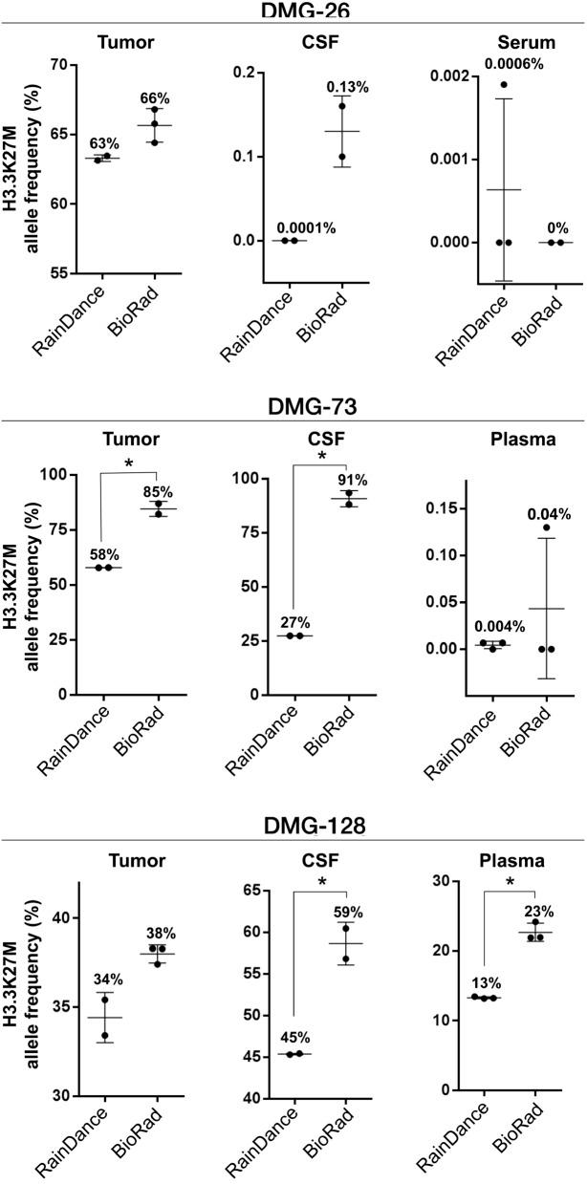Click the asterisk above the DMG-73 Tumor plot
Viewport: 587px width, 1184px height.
point(128,465)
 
